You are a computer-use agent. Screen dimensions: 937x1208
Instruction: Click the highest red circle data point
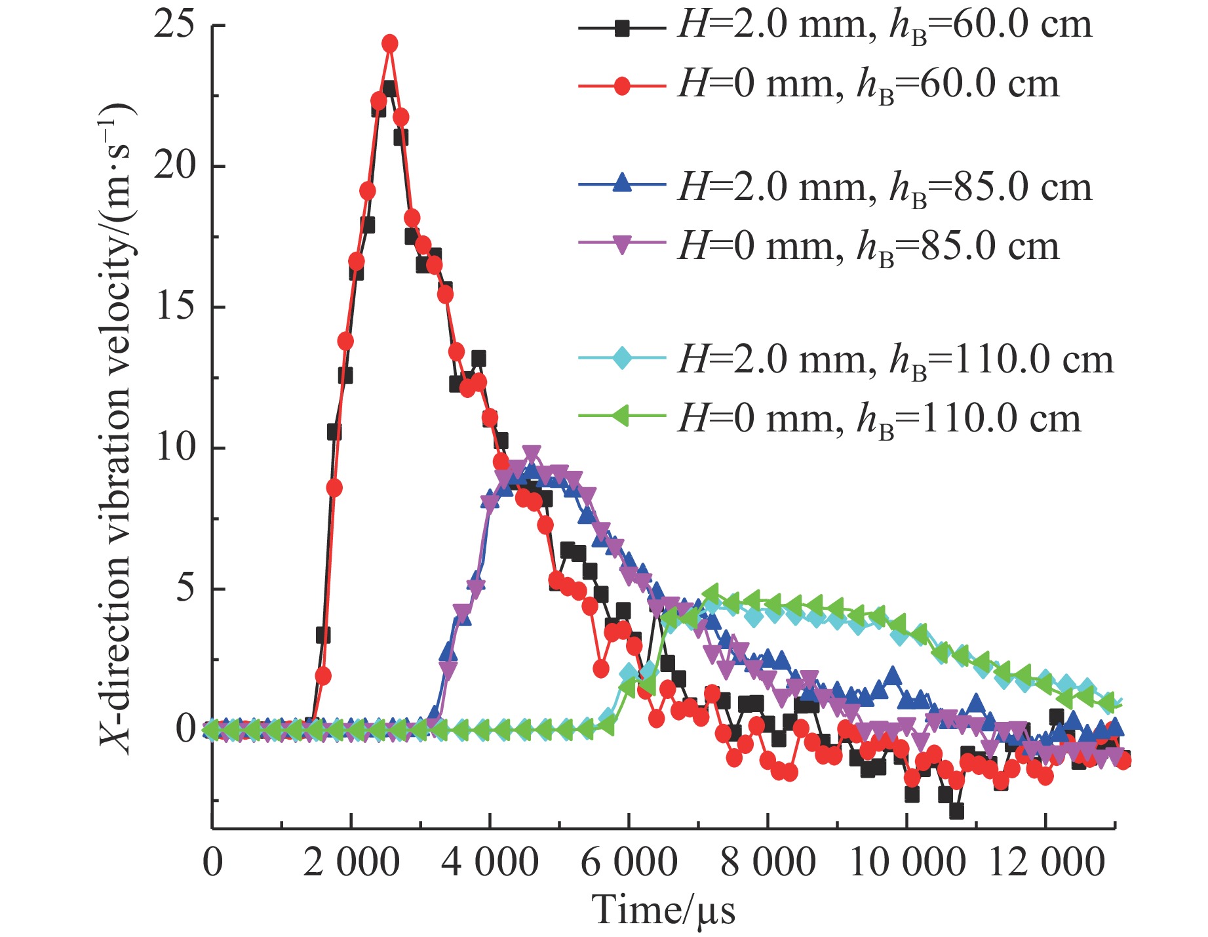coord(390,43)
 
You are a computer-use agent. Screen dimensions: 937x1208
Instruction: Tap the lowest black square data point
coord(956,811)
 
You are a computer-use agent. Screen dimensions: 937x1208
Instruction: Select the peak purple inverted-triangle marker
coord(532,454)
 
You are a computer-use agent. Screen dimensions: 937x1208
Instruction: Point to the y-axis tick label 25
coord(175,26)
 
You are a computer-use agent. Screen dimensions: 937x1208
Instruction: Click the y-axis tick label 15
coord(175,307)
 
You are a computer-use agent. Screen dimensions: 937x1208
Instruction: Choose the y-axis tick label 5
coord(185,589)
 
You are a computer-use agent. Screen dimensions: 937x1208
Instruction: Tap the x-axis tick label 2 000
coord(351,862)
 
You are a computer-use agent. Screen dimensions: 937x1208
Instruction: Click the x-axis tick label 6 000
coord(629,862)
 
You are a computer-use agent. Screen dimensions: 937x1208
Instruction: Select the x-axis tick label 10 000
coord(906,862)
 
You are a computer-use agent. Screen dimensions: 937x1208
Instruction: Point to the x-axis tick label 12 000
coord(1046,862)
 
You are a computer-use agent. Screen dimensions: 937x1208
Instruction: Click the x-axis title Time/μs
coord(663,911)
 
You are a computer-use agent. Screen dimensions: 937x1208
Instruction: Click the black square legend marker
coord(622,28)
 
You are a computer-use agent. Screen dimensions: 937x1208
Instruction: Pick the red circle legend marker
coord(622,86)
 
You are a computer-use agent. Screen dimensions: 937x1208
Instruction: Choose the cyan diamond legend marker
coord(622,359)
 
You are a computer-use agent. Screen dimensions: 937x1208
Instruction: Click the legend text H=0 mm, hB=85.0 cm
coord(868,248)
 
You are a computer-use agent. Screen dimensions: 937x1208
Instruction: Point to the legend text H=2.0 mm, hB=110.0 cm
coord(895,361)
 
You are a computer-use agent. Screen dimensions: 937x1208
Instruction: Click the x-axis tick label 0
coord(212,862)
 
